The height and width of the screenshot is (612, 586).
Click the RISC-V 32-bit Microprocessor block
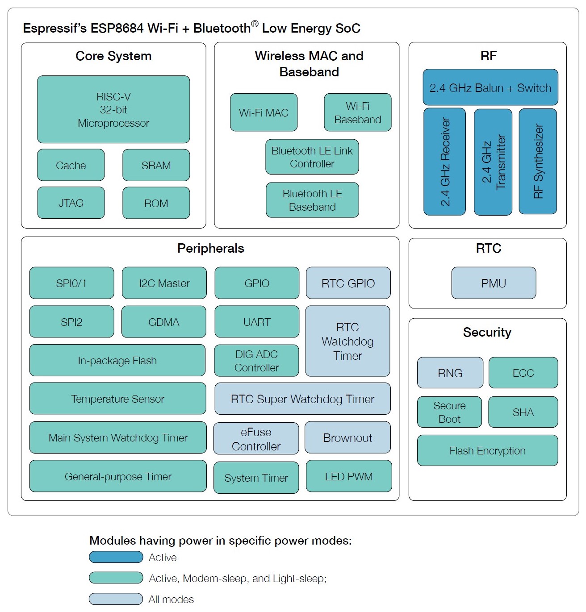click(x=113, y=109)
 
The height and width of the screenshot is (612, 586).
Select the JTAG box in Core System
click(x=71, y=203)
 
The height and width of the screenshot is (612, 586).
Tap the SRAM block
click(x=156, y=165)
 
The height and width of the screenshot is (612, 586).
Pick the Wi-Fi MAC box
click(x=264, y=112)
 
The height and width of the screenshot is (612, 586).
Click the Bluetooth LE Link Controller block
click(x=312, y=157)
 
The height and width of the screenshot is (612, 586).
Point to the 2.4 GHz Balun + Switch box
click(x=490, y=87)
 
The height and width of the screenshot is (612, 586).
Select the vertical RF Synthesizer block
click(x=538, y=161)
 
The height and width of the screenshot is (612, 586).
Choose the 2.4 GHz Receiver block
click(x=444, y=162)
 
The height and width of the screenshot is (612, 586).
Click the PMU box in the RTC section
click(x=494, y=283)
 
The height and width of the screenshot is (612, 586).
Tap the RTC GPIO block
click(x=348, y=283)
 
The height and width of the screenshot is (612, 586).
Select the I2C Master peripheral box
click(x=164, y=283)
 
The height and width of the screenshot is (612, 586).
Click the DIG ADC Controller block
click(x=256, y=361)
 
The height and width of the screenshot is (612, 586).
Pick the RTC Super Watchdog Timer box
click(x=302, y=399)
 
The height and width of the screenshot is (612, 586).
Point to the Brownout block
click(x=347, y=437)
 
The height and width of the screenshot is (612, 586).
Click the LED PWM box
click(x=349, y=476)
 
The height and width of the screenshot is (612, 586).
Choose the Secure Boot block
click(x=449, y=412)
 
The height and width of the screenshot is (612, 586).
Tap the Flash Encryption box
click(x=487, y=450)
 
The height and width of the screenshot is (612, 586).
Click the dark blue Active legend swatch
click(x=116, y=557)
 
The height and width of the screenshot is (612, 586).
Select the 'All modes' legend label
click(x=171, y=599)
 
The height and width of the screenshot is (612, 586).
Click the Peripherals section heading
click(x=210, y=248)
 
